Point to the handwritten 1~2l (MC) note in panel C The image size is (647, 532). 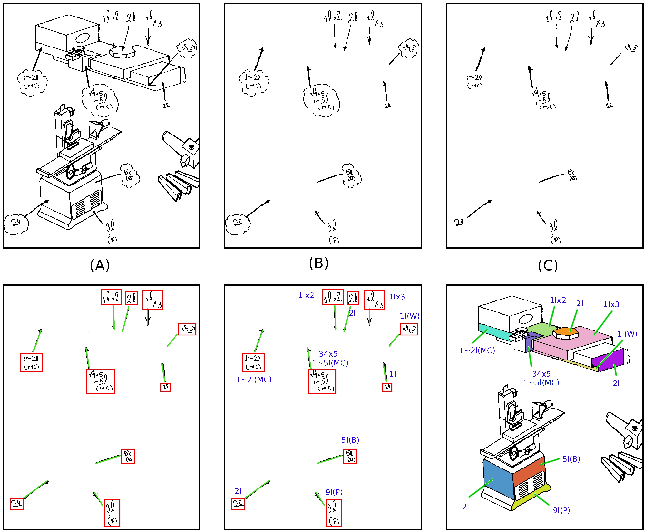[x=474, y=81]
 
